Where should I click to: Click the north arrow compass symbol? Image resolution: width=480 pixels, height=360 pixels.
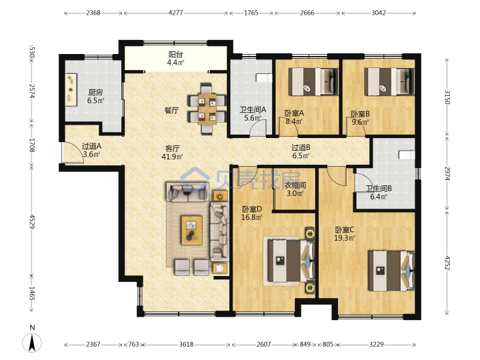pyautogui.click(x=32, y=343)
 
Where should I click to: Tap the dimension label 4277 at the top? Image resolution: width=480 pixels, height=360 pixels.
pyautogui.click(x=176, y=13)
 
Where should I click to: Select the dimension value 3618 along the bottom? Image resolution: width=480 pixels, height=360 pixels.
pyautogui.click(x=186, y=345)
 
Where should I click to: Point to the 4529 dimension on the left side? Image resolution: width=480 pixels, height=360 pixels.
pyautogui.click(x=32, y=221)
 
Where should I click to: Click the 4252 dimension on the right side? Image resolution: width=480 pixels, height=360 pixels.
pyautogui.click(x=447, y=263)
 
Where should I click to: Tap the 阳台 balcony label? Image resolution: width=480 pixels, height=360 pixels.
pyautogui.click(x=176, y=55)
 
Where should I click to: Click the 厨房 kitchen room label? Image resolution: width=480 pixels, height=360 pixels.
pyautogui.click(x=95, y=92)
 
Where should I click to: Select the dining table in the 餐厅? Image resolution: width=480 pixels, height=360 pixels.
pyautogui.click(x=207, y=109)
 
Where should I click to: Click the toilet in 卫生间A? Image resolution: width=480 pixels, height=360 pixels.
pyautogui.click(x=264, y=78)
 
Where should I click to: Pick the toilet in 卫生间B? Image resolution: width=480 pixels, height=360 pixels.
pyautogui.click(x=407, y=155)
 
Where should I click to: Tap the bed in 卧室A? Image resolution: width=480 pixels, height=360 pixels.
pyautogui.click(x=313, y=82)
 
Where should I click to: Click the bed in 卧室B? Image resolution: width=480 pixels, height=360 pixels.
pyautogui.click(x=389, y=82)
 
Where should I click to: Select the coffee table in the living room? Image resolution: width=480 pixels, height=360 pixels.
pyautogui.click(x=192, y=230)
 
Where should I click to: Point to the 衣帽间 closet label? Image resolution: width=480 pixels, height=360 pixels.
pyautogui.click(x=295, y=185)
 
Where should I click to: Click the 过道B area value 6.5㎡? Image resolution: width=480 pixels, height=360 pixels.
pyautogui.click(x=301, y=155)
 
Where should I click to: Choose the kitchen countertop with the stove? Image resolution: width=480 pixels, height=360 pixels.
pyautogui.click(x=71, y=90)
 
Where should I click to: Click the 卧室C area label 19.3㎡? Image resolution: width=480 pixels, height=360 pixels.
pyautogui.click(x=345, y=238)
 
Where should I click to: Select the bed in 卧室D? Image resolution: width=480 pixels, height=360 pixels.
pyautogui.click(x=291, y=261)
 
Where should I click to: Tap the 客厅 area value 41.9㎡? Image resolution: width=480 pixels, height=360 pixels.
pyautogui.click(x=173, y=157)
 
